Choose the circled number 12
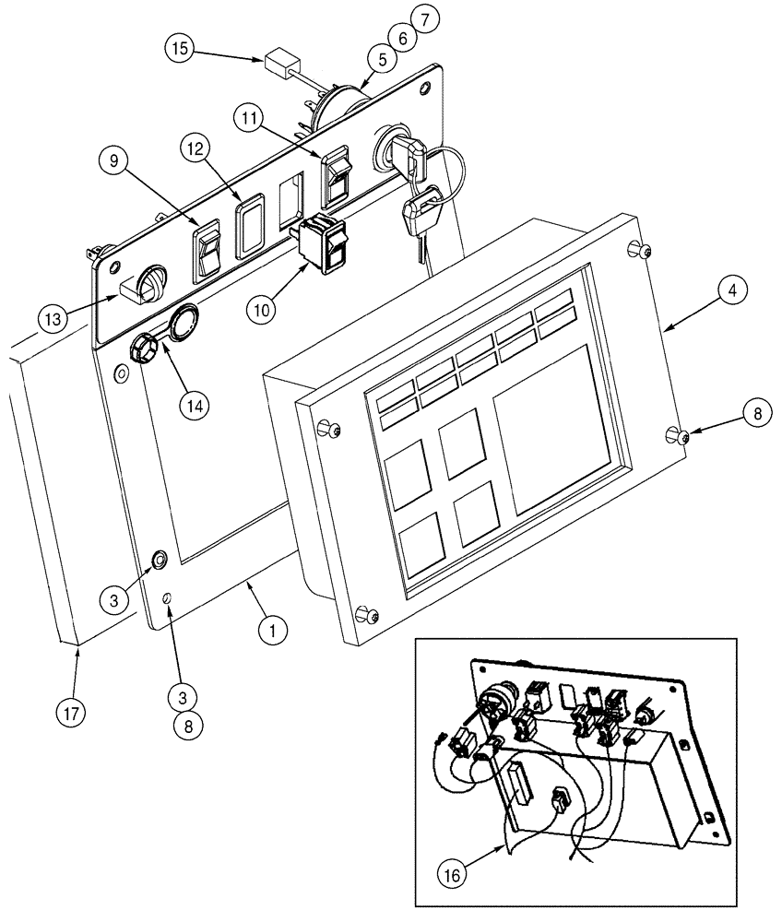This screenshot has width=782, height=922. [203, 148]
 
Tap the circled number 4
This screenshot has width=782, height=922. [729, 291]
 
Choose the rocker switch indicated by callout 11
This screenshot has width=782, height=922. [336, 177]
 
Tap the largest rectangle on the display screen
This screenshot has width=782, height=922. [555, 430]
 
